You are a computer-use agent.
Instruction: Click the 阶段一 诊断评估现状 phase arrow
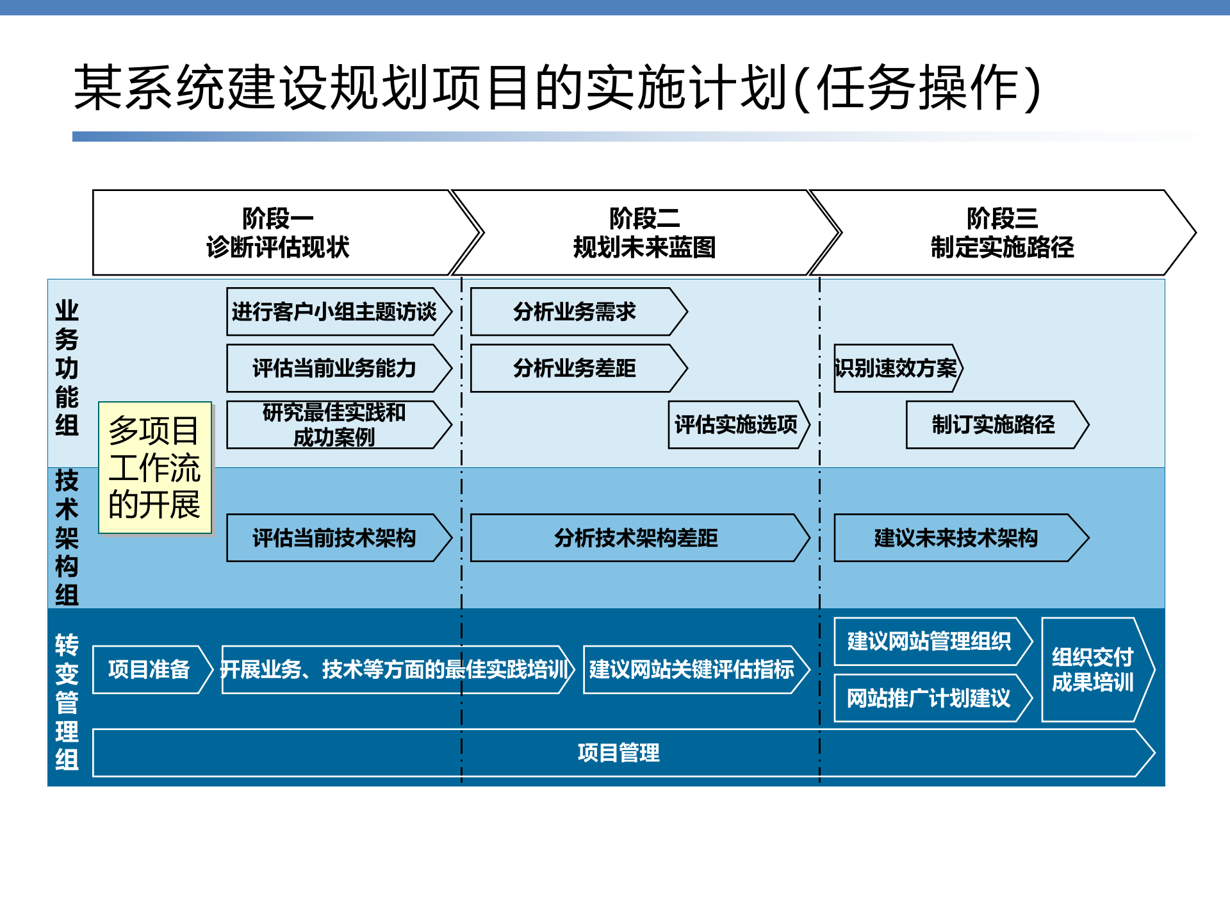277,233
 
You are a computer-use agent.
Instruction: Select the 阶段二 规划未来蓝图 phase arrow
644,233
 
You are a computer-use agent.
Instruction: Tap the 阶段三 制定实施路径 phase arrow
1001,233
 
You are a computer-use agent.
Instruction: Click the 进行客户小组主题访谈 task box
334,312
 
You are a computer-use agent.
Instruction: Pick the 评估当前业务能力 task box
334,369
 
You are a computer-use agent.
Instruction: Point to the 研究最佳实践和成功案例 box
334,425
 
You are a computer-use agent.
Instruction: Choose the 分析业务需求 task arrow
575,312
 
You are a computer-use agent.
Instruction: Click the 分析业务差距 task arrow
575,369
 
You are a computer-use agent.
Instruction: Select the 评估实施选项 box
736,425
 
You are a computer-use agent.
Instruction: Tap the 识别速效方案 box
896,369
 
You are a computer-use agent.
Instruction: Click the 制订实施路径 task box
993,425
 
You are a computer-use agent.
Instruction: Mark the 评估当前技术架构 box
334,538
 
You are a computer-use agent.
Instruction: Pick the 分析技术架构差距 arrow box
636,538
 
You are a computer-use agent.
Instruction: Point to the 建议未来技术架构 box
956,538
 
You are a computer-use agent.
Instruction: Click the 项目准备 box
149,670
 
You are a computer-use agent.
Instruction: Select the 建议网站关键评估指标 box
692,670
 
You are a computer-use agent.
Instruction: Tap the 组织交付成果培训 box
1093,670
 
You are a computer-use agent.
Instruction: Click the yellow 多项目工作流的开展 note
154,468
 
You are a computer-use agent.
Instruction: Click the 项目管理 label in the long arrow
618,753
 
